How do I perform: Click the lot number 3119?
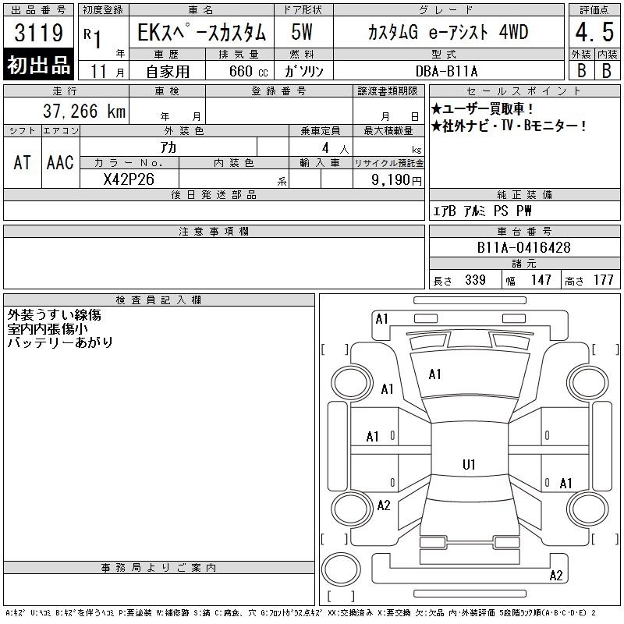point(38,33)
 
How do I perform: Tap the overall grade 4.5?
point(594,32)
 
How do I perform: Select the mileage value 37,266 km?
point(84,111)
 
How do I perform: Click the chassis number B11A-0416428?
point(523,247)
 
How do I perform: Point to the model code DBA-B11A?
point(446,71)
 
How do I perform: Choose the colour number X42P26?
point(129,179)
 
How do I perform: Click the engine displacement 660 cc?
point(248,71)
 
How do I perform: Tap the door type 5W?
point(302,32)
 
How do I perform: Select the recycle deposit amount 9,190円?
point(396,180)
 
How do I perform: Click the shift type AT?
point(22,162)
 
